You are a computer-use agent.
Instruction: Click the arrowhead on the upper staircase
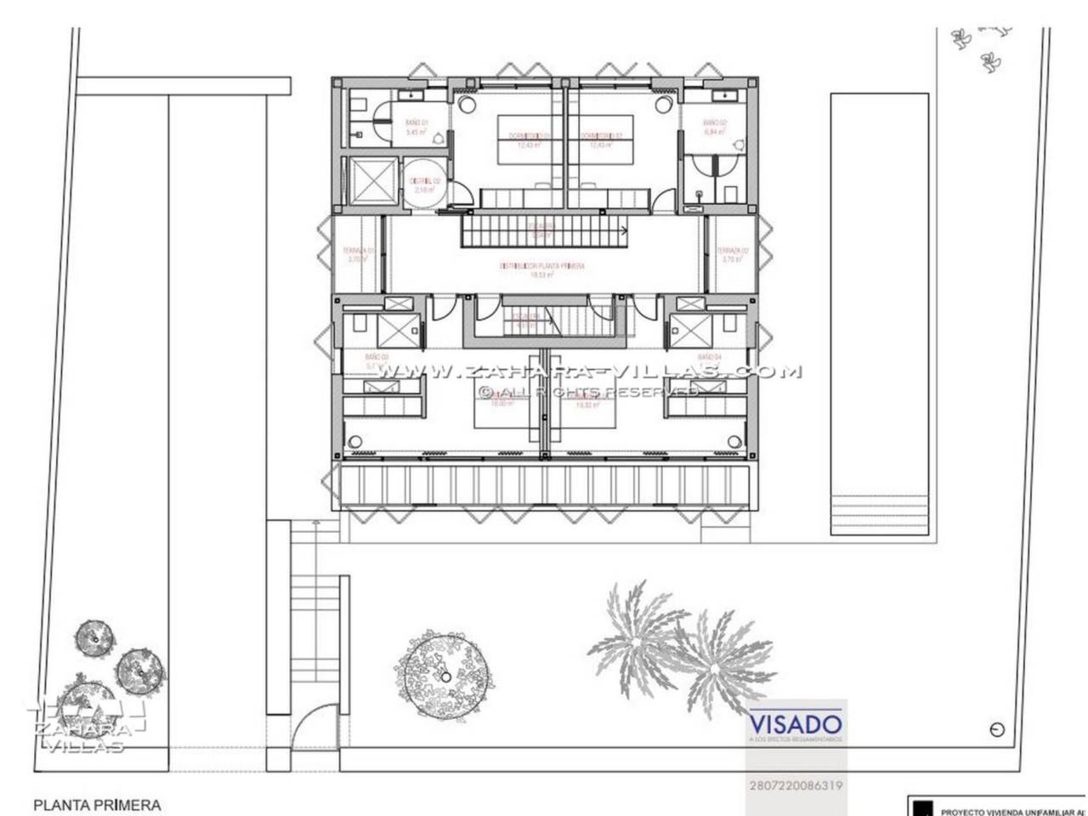click(x=622, y=229)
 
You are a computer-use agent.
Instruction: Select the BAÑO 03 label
click(x=377, y=358)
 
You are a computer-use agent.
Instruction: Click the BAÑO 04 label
click(x=709, y=358)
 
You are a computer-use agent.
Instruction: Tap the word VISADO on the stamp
click(x=796, y=724)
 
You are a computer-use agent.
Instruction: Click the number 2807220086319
click(x=796, y=786)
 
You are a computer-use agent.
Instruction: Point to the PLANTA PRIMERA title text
click(x=96, y=803)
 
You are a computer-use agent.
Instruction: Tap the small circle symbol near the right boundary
click(x=997, y=729)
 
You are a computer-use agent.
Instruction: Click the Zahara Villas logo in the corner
click(x=81, y=727)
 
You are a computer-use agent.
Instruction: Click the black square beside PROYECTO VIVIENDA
click(x=917, y=807)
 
